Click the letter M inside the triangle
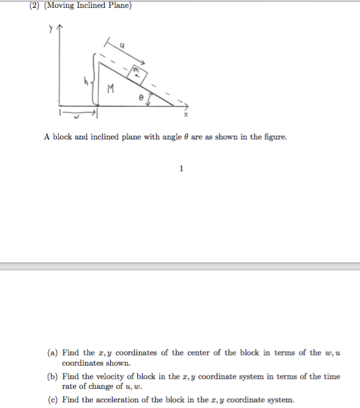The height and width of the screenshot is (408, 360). (110, 89)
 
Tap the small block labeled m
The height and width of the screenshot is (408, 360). (138, 75)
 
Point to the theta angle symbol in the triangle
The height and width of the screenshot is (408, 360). (141, 97)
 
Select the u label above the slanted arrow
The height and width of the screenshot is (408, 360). (123, 43)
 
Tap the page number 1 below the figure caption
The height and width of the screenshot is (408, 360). (182, 169)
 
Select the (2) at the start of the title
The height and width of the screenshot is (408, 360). (35, 6)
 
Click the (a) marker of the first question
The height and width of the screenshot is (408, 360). (54, 352)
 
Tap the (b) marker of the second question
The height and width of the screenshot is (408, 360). (54, 377)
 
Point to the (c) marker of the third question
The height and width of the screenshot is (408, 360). (54, 400)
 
